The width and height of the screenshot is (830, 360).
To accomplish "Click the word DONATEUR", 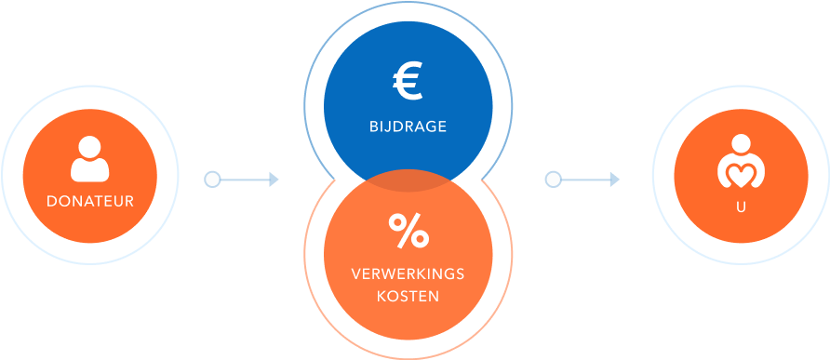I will coord(89,201).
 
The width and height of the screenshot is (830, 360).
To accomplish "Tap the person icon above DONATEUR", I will coord(89,160).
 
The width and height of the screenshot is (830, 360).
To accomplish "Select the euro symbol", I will coord(408,82).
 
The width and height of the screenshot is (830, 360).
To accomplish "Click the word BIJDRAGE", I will coord(408,127).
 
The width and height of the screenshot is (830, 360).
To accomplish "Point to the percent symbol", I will coord(408,232).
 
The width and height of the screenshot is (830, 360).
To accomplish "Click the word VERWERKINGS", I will coord(408,274).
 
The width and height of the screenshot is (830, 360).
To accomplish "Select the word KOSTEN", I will coord(408,296).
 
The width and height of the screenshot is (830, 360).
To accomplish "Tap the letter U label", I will coord(741,208).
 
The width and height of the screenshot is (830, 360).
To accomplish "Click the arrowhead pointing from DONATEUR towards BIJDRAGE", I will coord(274,179).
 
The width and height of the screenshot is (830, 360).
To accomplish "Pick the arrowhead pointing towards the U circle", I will coord(614,179).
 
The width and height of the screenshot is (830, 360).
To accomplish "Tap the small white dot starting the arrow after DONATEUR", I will coord(212,179).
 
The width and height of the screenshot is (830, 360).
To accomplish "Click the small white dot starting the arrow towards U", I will coord(553,179).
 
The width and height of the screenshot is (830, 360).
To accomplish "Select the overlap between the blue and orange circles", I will coord(408,180).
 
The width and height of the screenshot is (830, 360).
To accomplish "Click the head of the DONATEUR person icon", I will coord(89,147).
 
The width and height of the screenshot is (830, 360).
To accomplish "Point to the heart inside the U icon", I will coord(741,173).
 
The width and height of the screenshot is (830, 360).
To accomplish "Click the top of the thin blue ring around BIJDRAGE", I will coord(408,4).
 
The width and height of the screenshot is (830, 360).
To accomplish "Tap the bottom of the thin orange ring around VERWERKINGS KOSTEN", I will coord(408,356).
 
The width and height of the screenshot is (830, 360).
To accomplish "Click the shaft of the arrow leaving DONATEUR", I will coord(244,179).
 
